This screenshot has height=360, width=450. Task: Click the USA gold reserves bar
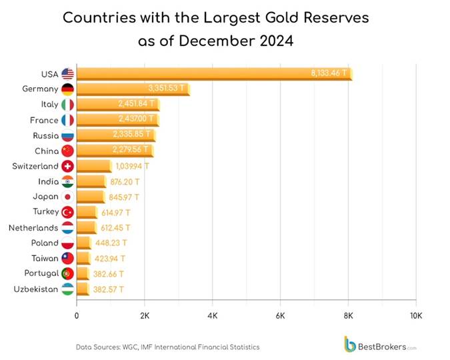click(213, 74)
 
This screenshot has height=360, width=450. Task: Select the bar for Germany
click(133, 89)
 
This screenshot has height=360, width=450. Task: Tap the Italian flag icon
click(67, 105)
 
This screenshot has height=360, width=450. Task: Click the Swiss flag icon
click(67, 166)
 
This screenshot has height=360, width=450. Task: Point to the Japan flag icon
click(67, 197)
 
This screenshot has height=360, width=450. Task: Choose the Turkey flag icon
click(67, 212)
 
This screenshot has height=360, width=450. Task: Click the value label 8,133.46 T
click(329, 73)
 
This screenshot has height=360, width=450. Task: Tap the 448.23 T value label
click(111, 243)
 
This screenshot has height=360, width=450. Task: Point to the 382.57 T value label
click(109, 289)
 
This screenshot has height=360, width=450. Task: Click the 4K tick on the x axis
click(213, 315)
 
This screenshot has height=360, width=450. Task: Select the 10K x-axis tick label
click(416, 315)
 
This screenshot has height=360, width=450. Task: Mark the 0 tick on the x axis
click(77, 315)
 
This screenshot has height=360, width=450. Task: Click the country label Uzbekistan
click(35, 289)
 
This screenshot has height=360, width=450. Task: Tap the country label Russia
click(44, 135)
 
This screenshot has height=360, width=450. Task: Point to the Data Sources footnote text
click(167, 347)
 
